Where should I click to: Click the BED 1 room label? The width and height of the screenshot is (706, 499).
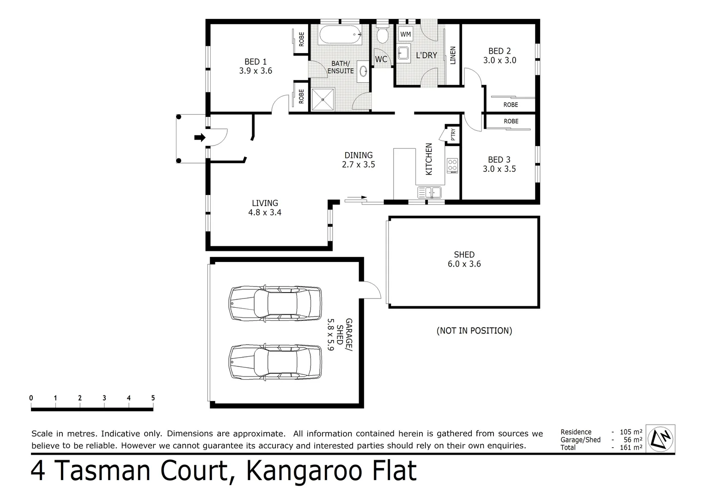pos(256,62)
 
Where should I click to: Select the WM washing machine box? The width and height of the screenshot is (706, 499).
pos(405,35)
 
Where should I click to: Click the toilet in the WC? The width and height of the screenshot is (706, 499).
pos(382,35)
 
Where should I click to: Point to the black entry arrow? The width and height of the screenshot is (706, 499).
pos(200,137)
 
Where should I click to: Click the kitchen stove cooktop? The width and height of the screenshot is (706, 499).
pos(452,165)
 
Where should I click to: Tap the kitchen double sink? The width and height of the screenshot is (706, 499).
pos(429,192)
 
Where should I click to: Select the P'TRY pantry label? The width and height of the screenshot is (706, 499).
pos(453,134)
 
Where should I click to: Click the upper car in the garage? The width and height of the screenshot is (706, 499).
pos(275,304)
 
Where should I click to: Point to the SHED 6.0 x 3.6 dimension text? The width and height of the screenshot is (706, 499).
pos(464,264)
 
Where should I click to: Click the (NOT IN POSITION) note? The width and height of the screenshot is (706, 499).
pos(474,331)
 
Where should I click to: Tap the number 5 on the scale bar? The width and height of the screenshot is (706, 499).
pos(153,398)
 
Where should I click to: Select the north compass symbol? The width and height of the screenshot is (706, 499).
pos(660,438)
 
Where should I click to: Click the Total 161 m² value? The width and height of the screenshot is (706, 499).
pos(632,447)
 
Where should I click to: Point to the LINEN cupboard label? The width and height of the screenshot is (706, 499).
pos(453,55)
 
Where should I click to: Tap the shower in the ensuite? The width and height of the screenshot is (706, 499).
pos(323,99)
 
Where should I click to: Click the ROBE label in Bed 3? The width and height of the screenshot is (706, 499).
pos(511,122)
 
